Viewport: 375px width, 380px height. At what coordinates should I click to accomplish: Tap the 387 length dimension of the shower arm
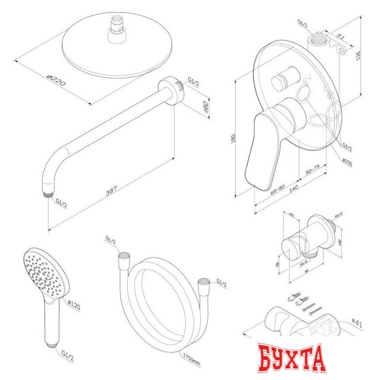click(111, 192)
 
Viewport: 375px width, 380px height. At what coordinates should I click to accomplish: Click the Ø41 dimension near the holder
click(358, 323)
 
